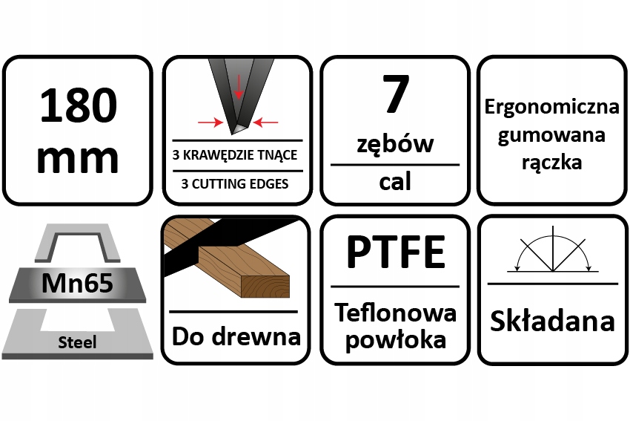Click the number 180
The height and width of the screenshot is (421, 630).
pyautogui.click(x=78, y=105)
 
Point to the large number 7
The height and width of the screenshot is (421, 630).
pyautogui.click(x=394, y=95)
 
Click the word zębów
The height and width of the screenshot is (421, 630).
pyautogui.click(x=394, y=142)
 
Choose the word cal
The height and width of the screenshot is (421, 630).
pyautogui.click(x=394, y=181)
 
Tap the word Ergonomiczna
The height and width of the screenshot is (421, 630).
pyautogui.click(x=551, y=107)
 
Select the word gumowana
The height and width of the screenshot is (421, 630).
pyautogui.click(x=551, y=134)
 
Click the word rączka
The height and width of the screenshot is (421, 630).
pyautogui.click(x=551, y=162)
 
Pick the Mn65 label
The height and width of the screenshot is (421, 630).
pyautogui.click(x=78, y=283)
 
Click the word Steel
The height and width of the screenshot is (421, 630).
pyautogui.click(x=78, y=342)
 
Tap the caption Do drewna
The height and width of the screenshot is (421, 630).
pyautogui.click(x=236, y=336)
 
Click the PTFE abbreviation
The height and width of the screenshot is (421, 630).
pyautogui.click(x=394, y=252)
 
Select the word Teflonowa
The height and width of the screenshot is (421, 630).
pyautogui.click(x=394, y=313)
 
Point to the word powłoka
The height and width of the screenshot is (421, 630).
pyautogui.click(x=394, y=340)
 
